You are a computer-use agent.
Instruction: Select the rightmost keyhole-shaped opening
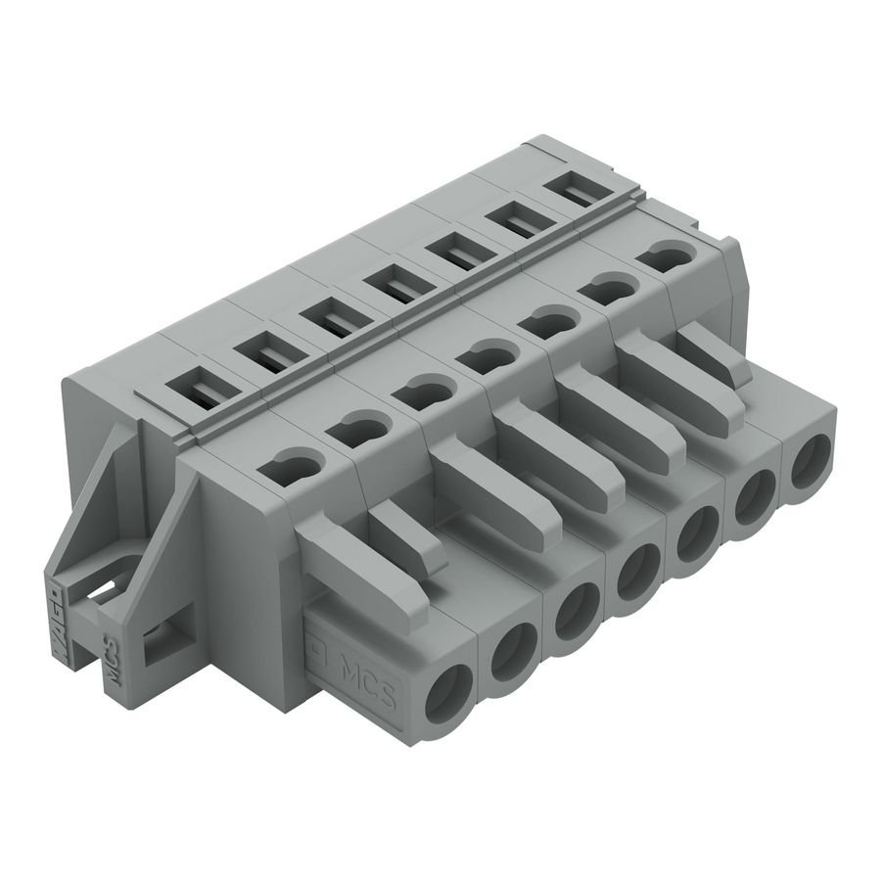(x=665, y=256)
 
